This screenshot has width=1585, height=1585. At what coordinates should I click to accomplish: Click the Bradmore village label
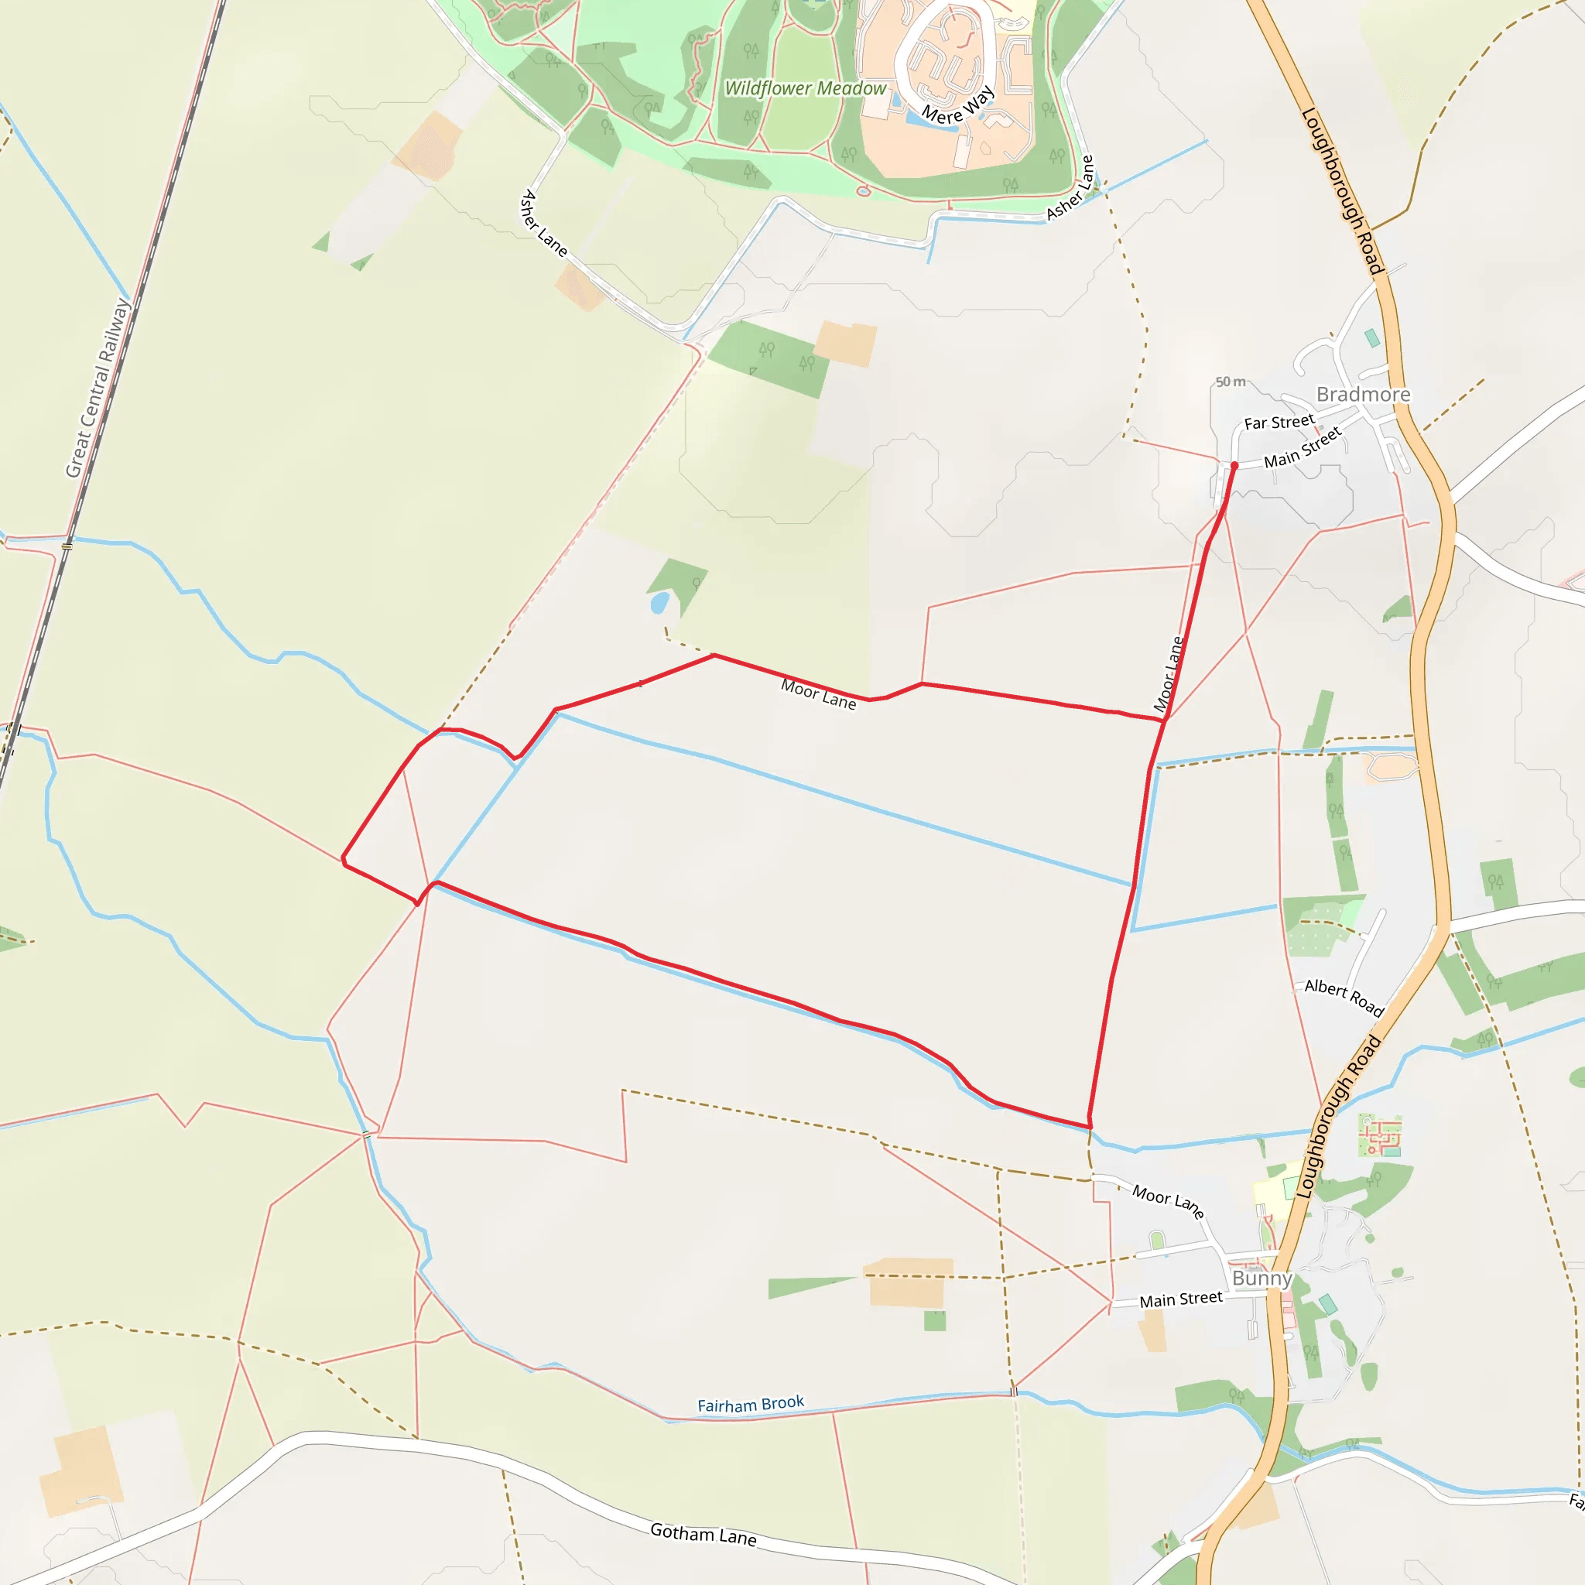(1363, 395)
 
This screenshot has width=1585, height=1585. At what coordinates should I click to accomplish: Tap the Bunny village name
(1261, 1279)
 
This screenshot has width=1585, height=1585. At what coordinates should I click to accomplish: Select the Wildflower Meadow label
(805, 88)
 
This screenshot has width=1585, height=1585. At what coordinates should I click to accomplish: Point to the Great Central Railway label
(98, 388)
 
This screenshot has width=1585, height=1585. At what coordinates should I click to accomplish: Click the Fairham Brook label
(751, 1405)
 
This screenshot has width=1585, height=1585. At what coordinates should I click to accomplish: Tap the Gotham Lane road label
(703, 1533)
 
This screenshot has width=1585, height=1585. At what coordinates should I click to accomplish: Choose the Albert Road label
(1344, 997)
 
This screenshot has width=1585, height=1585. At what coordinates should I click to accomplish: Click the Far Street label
(1279, 423)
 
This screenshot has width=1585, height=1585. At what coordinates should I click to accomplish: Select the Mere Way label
(957, 105)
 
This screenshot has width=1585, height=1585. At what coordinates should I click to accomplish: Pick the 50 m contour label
(1231, 382)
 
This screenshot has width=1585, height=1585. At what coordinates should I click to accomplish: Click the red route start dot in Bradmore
(1234, 465)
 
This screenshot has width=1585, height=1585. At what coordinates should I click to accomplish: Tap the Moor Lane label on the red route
(818, 693)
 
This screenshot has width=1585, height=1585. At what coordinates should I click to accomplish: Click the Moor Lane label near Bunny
(1167, 1201)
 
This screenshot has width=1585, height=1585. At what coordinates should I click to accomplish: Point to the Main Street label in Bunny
(1180, 1299)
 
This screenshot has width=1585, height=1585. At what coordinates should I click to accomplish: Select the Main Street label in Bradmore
(1302, 447)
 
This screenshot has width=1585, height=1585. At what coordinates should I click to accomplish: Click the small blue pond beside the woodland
(659, 604)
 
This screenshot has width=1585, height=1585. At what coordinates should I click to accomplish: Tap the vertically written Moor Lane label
(1168, 674)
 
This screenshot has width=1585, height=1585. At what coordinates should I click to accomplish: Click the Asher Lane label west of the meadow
(543, 223)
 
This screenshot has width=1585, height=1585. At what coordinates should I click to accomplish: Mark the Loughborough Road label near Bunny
(1339, 1118)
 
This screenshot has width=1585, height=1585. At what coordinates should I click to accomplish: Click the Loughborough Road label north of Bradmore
(1343, 190)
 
